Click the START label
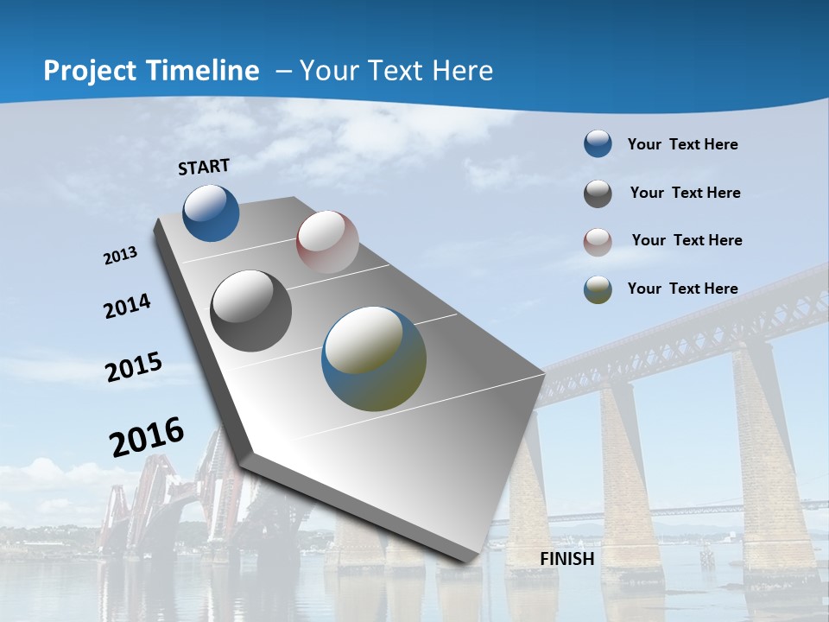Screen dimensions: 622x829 [x=204, y=167]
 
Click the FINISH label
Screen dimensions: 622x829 [x=567, y=559]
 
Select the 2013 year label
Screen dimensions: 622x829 [x=121, y=256]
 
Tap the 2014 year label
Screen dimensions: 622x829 [x=128, y=307]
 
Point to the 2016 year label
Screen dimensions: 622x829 [x=147, y=437]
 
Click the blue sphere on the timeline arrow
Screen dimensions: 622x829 [x=211, y=213]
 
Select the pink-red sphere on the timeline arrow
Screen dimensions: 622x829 [x=327, y=242]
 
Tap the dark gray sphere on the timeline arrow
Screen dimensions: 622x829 [x=251, y=311]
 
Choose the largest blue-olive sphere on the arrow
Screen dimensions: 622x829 [x=374, y=359]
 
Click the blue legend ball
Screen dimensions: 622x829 [x=598, y=143]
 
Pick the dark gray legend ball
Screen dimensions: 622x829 [x=598, y=194]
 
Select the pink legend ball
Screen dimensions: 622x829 [x=598, y=242]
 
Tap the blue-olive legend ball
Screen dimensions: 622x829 [x=598, y=289]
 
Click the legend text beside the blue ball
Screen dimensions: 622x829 [x=682, y=144]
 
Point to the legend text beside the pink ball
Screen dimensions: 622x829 [x=687, y=240]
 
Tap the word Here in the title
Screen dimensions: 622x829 [x=461, y=71]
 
